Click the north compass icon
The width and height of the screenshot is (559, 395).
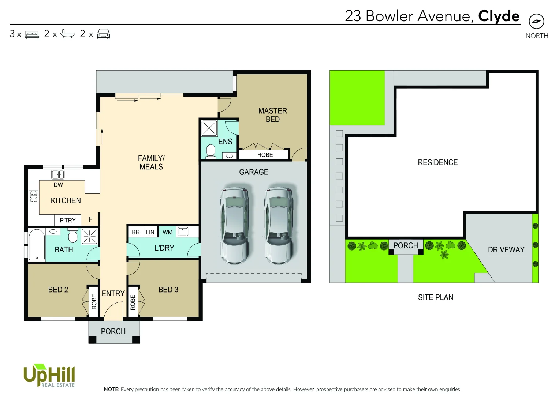[536, 21]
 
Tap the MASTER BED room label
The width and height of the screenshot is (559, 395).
[272, 115]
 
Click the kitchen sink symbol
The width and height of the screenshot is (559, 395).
[58, 174]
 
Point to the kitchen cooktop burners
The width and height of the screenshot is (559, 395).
[33, 196]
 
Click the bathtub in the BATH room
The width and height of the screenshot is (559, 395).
[37, 244]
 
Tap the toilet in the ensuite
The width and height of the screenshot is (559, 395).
[211, 151]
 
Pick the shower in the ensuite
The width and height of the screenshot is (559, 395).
[209, 128]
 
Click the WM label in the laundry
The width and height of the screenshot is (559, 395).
[167, 232]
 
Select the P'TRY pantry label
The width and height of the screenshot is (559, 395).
[68, 220]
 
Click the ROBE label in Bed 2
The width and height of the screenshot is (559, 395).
[94, 302]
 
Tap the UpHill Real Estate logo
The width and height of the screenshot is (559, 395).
[49, 376]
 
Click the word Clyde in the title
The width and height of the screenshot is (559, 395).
[499, 16]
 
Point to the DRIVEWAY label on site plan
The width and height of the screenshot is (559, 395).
[506, 249]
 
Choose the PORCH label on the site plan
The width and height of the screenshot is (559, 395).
[405, 245]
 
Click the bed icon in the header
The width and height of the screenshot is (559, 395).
[32, 34]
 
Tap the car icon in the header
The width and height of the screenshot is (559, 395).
[103, 34]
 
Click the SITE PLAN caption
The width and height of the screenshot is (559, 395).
[435, 297]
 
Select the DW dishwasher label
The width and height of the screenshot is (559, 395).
[58, 185]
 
